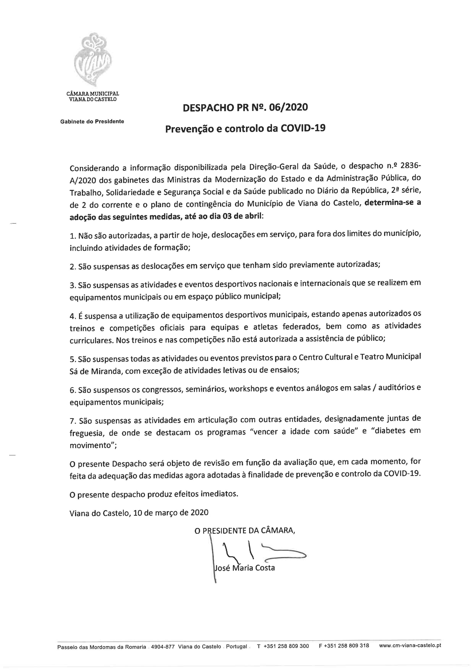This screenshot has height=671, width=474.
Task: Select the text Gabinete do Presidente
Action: click(92, 121)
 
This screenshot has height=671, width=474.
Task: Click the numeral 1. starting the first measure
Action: click(73, 235)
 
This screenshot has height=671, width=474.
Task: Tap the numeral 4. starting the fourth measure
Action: click(73, 316)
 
